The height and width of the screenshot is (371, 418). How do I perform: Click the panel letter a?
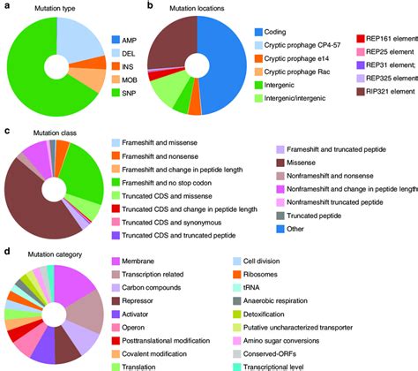(x=7, y=7)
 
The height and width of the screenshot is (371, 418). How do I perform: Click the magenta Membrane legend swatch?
(x=116, y=262)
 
